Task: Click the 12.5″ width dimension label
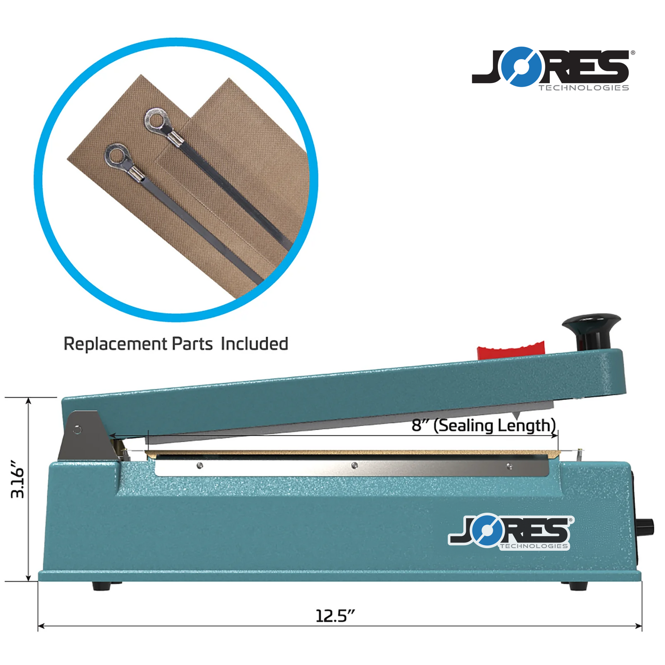point(335,616)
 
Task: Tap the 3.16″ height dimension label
point(18,479)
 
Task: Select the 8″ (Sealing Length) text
point(483,426)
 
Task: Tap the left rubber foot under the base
point(101,586)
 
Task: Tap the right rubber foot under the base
point(578,586)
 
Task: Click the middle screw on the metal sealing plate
point(354,465)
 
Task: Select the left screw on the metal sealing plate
point(199,465)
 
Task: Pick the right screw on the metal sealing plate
point(510,466)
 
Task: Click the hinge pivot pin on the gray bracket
point(77,430)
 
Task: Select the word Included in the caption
point(254,344)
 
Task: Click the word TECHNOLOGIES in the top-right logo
point(584,88)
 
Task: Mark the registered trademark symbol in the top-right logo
point(633,53)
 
